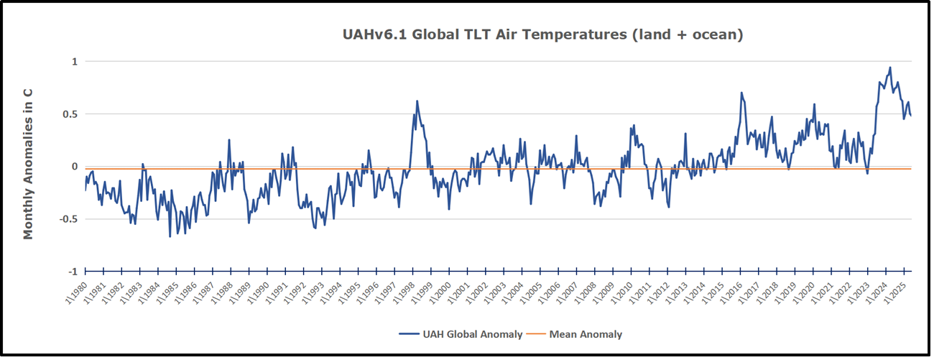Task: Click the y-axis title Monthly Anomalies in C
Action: click(29, 168)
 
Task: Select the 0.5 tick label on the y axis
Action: click(70, 114)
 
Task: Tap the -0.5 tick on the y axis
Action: click(68, 219)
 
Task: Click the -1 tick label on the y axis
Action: click(72, 272)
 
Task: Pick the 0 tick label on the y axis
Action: click(74, 167)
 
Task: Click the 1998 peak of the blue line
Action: click(417, 101)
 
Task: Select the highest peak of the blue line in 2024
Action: click(890, 68)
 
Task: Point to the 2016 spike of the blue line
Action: click(741, 93)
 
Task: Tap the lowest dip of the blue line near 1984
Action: click(170, 236)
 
